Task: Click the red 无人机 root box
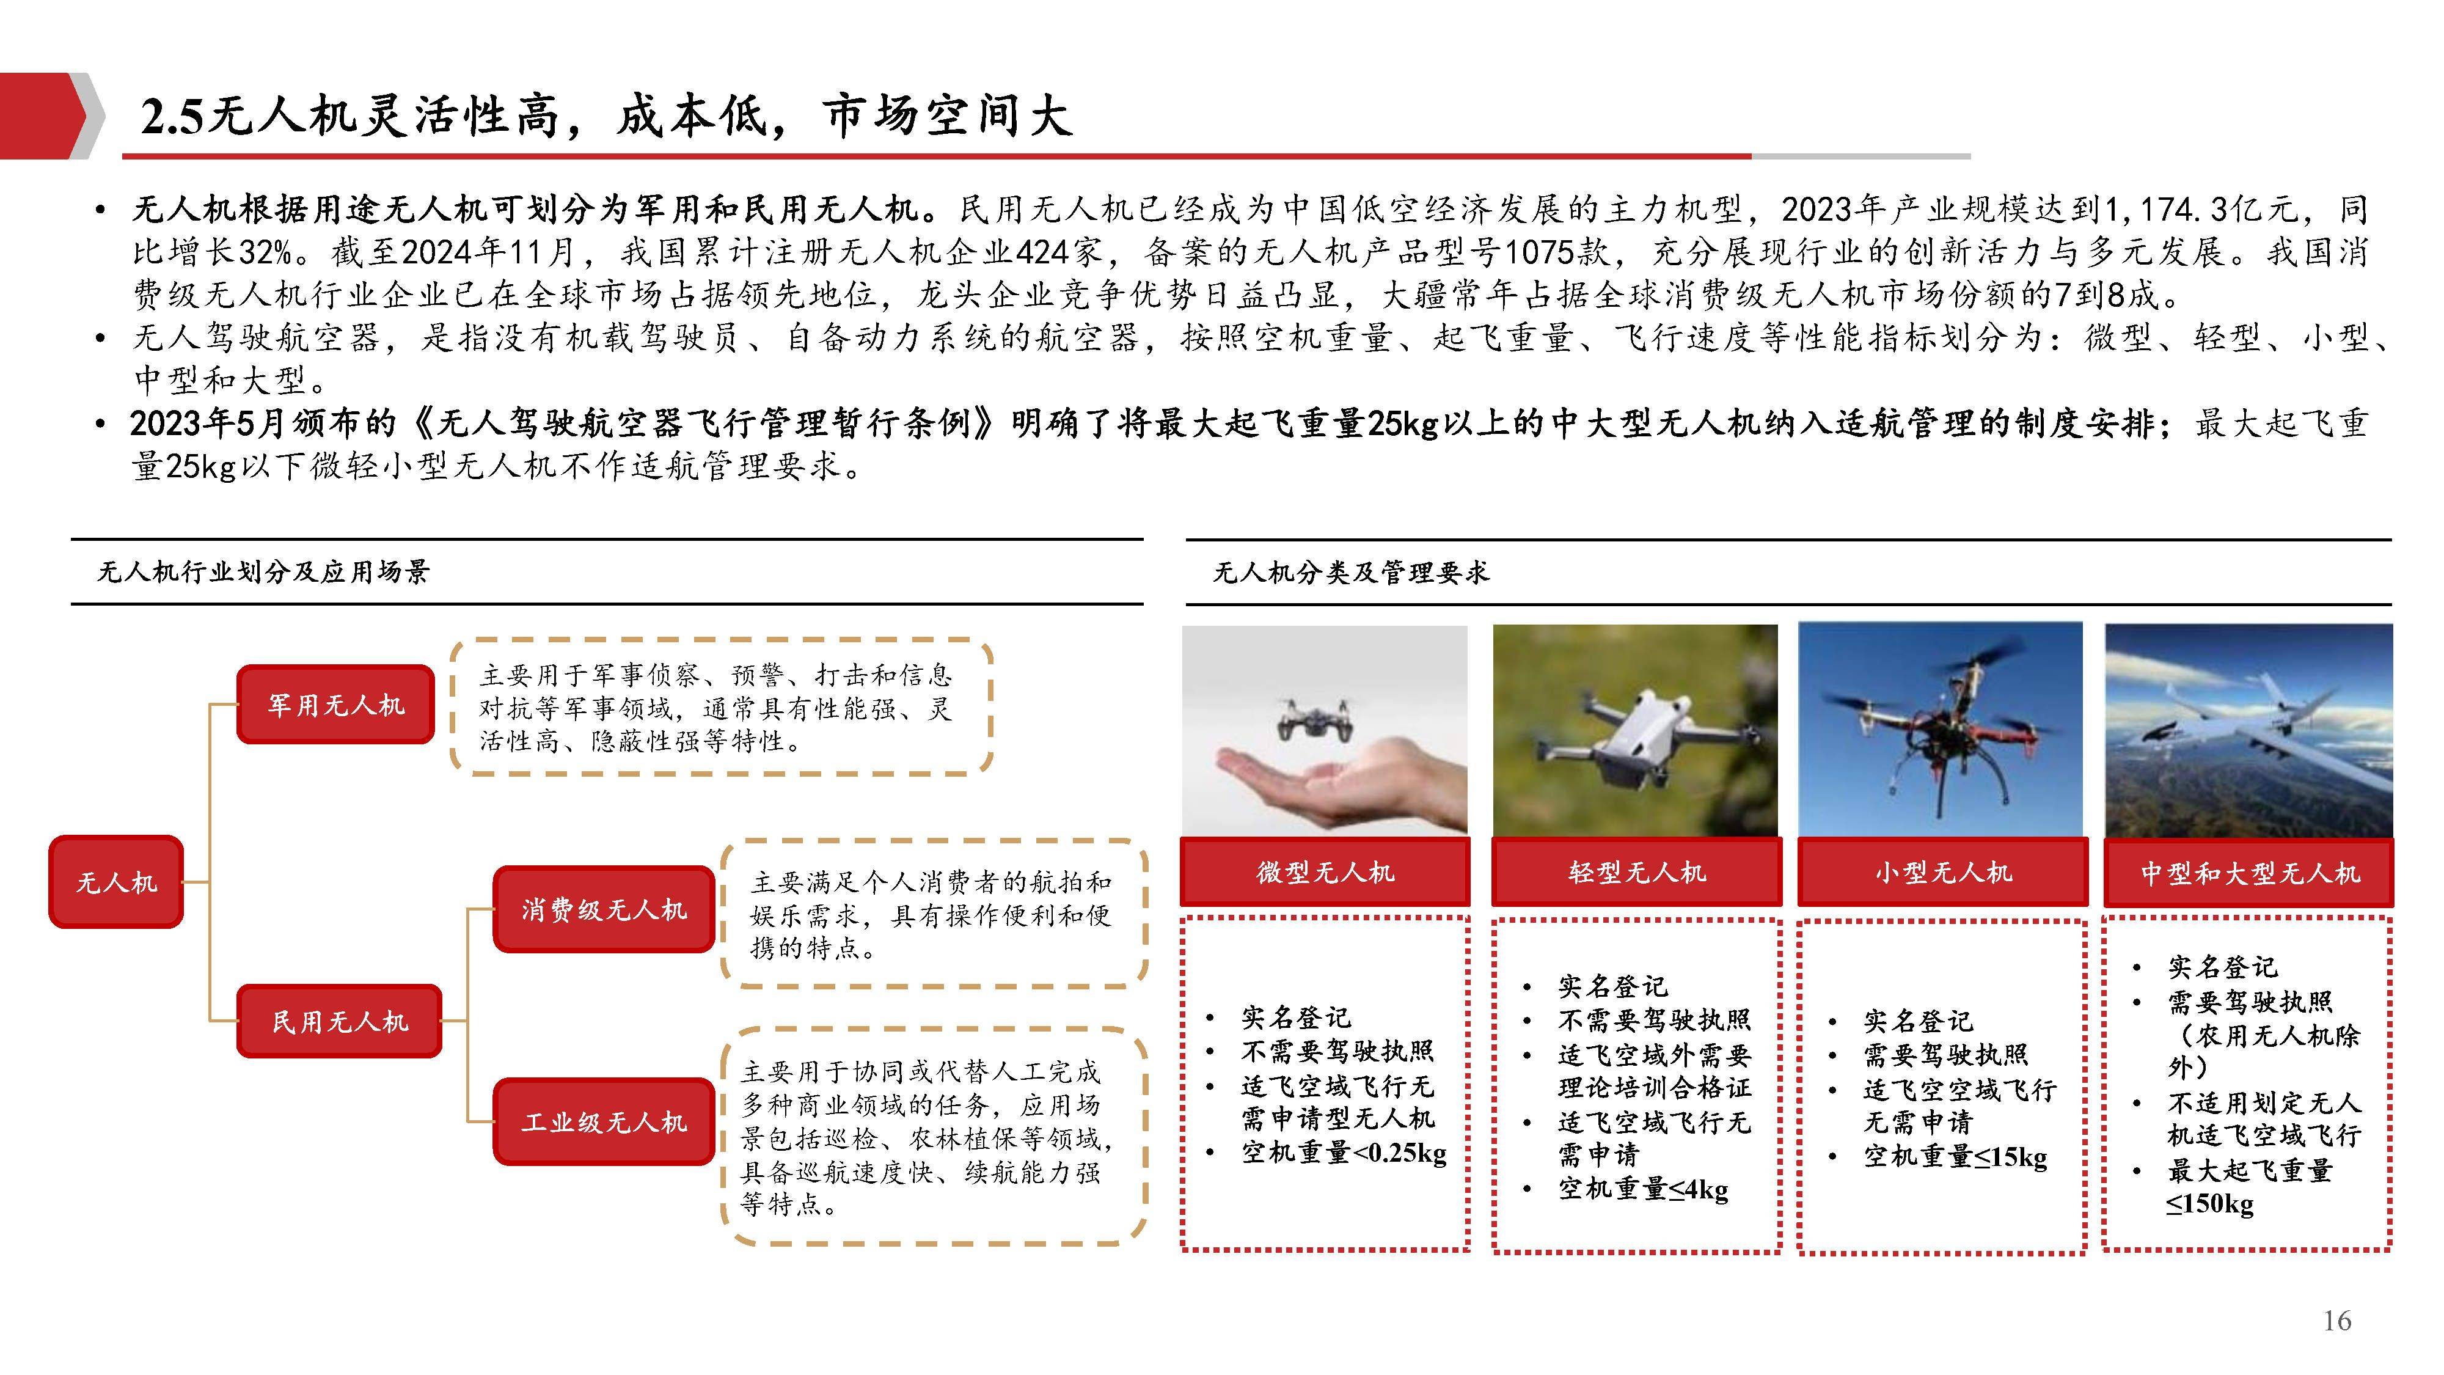(x=115, y=882)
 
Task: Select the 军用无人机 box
(x=336, y=704)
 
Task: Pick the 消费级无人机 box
(x=604, y=909)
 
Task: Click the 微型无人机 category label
(x=1325, y=871)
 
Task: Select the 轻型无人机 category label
(x=1637, y=871)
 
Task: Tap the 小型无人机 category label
(x=1943, y=871)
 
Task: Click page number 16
(x=2337, y=1320)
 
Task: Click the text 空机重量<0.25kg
(x=1344, y=1153)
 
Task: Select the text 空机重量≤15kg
(x=1955, y=1157)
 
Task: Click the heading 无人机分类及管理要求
(x=1351, y=572)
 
